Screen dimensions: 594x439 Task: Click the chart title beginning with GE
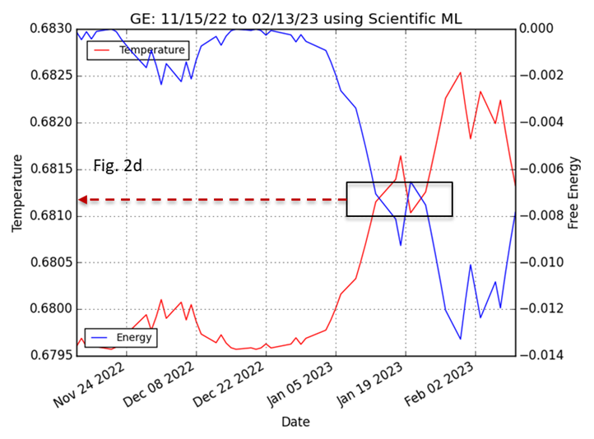[x=296, y=19]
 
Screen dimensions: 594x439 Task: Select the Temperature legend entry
[x=138, y=50]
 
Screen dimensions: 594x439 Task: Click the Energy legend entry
[x=121, y=338]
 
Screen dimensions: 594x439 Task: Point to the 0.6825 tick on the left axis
[x=51, y=76]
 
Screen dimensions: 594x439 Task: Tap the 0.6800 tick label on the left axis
[x=51, y=309]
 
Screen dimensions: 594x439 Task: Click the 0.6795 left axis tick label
[x=51, y=355]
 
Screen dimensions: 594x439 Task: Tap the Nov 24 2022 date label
[x=90, y=386]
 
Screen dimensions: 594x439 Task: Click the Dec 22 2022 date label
[x=230, y=386]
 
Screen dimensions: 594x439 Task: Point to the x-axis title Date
[x=296, y=422]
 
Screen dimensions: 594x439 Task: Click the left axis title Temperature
[x=17, y=193]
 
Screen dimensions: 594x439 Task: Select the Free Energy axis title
[x=574, y=193]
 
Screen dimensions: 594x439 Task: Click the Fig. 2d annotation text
[x=118, y=165]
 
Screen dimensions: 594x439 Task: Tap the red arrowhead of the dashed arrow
[x=83, y=200]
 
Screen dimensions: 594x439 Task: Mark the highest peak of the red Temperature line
[x=460, y=72]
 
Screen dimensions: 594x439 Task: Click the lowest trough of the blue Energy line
[x=460, y=339]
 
